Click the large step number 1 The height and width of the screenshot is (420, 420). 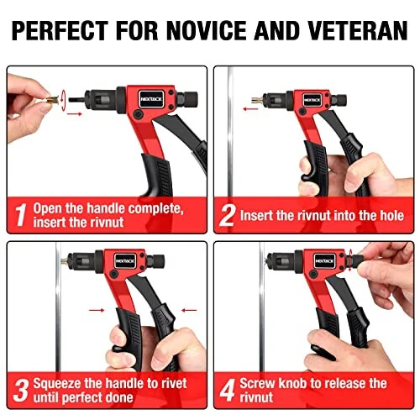(x=19, y=215)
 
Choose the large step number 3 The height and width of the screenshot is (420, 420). (x=19, y=389)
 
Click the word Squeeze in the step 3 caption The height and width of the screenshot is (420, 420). (x=60, y=383)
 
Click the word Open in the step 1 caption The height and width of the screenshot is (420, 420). (x=51, y=207)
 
